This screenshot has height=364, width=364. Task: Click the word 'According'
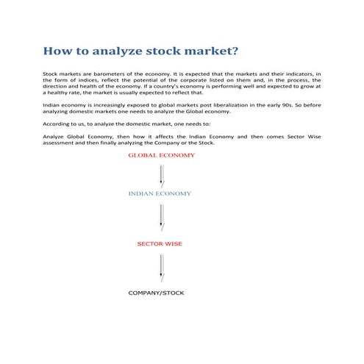tap(57, 124)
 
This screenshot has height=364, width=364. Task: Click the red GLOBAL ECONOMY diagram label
tap(161, 156)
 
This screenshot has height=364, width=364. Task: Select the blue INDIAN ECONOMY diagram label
tap(160, 193)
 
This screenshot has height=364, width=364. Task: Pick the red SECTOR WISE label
tap(160, 243)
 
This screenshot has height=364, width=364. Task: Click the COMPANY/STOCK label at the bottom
tap(157, 293)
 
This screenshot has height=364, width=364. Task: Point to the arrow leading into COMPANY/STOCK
tap(161, 268)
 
